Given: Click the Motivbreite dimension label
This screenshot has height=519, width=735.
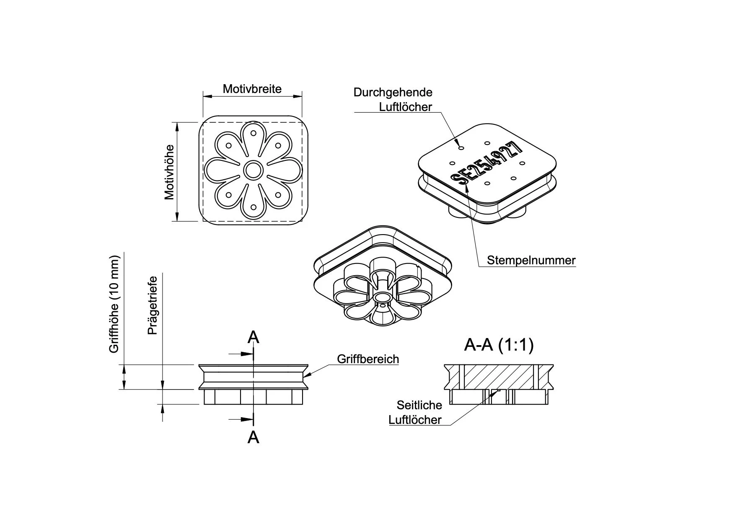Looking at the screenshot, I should coord(252,89).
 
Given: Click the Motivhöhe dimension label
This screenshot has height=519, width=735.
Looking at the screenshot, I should coord(169,172).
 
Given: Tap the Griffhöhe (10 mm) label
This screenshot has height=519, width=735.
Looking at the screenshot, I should coord(114,304).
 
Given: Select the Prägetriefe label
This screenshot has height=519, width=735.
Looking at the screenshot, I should coord(153,305).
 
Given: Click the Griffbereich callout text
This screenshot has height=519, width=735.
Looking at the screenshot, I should coord(367,359).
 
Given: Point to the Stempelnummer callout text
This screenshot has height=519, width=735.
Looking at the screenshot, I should coord(531,260).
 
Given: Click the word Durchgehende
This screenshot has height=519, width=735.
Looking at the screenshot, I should coord(393,92).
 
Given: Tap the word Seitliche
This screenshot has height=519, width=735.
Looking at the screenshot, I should coord(419,405).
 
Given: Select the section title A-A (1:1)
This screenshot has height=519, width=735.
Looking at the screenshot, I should coord(499,345).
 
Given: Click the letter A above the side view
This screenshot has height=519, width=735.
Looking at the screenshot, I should coord(253,337).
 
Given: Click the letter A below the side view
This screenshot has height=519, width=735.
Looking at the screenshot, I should coord(253,437).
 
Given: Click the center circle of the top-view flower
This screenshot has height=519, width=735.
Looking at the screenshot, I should coord(253,170).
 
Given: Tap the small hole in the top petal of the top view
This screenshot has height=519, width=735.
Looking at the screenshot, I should coord(253,133).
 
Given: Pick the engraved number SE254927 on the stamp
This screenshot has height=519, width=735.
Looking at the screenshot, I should coord(487,163).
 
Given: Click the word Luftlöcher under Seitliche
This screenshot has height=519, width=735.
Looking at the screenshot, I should coord(415,420).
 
